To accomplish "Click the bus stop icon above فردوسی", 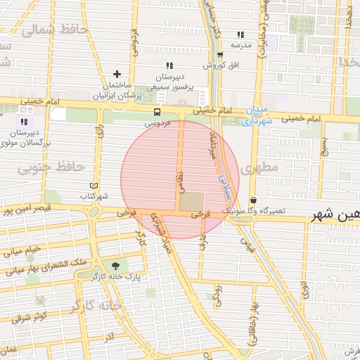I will click(x=156, y=111).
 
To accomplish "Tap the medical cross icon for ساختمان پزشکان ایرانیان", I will click(x=117, y=74).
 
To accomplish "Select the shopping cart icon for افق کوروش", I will click(x=220, y=55).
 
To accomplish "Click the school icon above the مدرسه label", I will click(x=240, y=34).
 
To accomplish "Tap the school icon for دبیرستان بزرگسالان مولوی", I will click(x=25, y=122).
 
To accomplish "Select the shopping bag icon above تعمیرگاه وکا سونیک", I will click(x=253, y=200).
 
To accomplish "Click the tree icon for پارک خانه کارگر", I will click(x=115, y=265).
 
